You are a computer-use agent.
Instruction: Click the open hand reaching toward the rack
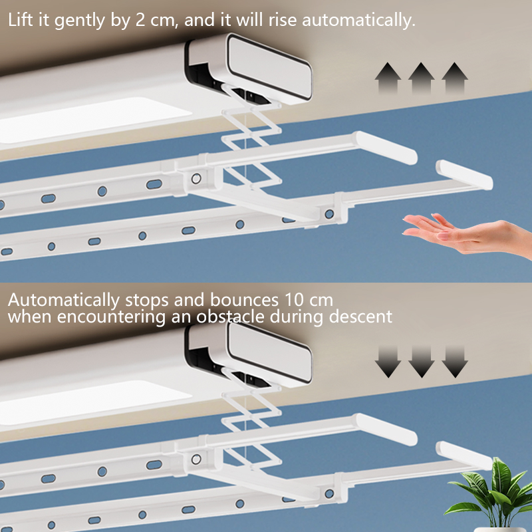click(x=465, y=234)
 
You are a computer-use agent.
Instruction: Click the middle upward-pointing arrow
click(x=422, y=78)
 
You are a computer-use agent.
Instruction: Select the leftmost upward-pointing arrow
click(x=388, y=78)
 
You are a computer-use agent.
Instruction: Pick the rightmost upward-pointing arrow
click(x=455, y=78)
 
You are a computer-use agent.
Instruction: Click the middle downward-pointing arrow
click(x=422, y=362)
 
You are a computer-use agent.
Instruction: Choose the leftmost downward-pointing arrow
click(x=388, y=362)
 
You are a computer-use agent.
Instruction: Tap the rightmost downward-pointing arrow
click(x=455, y=362)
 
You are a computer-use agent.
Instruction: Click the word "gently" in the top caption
click(x=80, y=21)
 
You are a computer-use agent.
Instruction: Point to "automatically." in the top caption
click(x=358, y=21)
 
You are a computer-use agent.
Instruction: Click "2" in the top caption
click(x=140, y=20)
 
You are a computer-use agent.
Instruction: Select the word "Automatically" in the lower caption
click(x=64, y=301)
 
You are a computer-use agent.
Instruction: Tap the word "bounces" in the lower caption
click(x=244, y=300)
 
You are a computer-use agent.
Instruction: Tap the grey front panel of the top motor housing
click(x=270, y=68)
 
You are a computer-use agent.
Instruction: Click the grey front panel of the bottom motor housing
click(x=270, y=353)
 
